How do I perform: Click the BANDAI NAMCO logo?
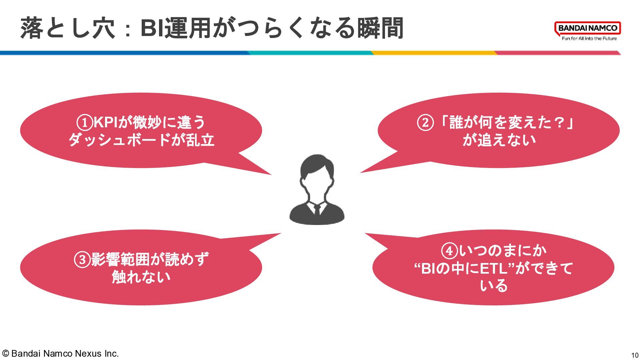coord(587,28)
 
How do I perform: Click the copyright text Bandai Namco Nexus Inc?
coord(60,354)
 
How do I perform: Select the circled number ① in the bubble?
coord(84,122)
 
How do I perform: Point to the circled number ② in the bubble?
coord(425,123)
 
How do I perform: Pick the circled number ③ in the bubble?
coord(82,260)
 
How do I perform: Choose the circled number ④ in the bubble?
coord(449,251)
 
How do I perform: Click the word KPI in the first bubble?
coord(105,122)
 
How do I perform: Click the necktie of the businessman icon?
coord(317,210)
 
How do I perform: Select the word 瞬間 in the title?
coord(380,28)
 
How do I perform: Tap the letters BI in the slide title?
coord(152,28)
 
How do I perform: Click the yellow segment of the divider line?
coord(433,53)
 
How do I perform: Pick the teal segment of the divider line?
coord(310,53)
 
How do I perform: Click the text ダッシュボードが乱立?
coord(141,140)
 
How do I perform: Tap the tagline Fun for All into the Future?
coord(589,39)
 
